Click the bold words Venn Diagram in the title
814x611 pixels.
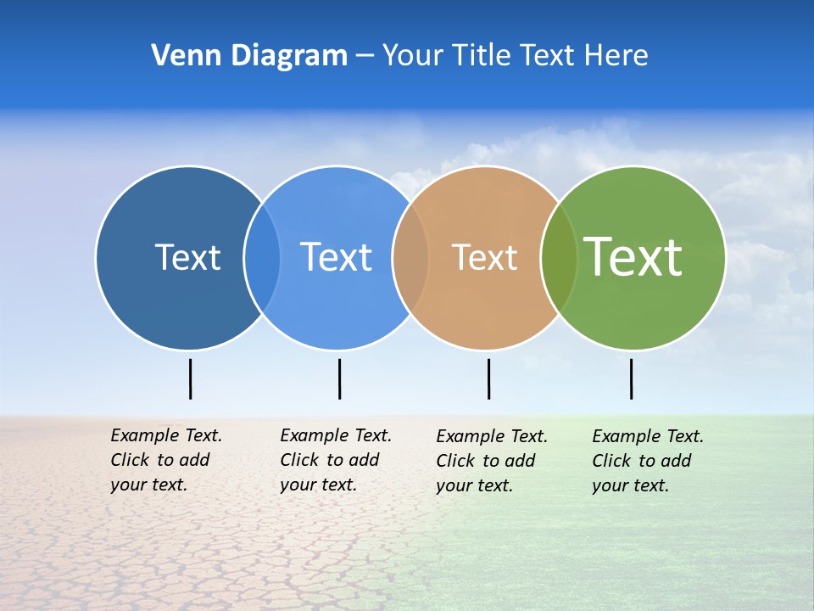pyautogui.click(x=249, y=56)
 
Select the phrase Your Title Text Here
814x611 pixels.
pyautogui.click(x=515, y=56)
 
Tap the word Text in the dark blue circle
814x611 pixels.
pyautogui.click(x=187, y=257)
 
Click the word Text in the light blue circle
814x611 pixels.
pyautogui.click(x=337, y=257)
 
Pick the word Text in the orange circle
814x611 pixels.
pyautogui.click(x=484, y=257)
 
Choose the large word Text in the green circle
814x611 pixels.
pyautogui.click(x=633, y=256)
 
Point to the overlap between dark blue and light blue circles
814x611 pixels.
pyautogui.click(x=262, y=258)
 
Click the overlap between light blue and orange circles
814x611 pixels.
pyautogui.click(x=410, y=258)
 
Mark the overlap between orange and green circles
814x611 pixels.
pyautogui.click(x=559, y=258)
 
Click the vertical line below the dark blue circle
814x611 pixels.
pyautogui.click(x=191, y=378)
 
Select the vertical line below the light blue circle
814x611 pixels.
pyautogui.click(x=339, y=378)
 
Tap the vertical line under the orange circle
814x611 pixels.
pyautogui.click(x=488, y=378)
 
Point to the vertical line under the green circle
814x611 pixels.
pyautogui.click(x=631, y=378)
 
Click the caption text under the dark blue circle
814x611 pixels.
pyautogui.click(x=166, y=460)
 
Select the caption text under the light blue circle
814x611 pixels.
pyautogui.click(x=336, y=460)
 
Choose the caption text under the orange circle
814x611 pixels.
pyautogui.click(x=492, y=461)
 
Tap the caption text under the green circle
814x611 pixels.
pyautogui.click(x=648, y=461)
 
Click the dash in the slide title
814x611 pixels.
pyautogui.click(x=365, y=56)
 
